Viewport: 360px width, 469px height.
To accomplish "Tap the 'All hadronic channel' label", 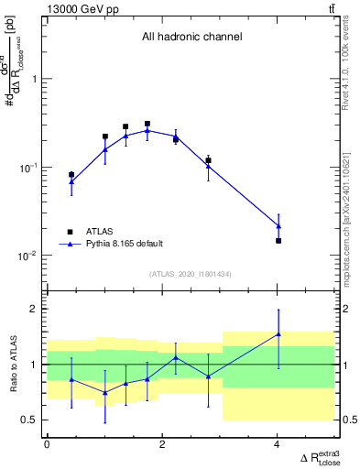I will [x=191, y=38].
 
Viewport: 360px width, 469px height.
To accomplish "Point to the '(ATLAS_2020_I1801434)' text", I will [x=191, y=275].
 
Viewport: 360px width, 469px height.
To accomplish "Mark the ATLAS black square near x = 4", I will [x=278, y=241].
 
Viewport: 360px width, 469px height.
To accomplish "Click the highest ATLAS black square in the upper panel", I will [x=147, y=124].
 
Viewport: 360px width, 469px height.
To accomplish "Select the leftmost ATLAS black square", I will [x=71, y=174].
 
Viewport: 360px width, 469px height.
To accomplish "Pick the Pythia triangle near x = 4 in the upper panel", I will [x=278, y=225].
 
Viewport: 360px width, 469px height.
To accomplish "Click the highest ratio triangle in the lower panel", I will [x=278, y=334].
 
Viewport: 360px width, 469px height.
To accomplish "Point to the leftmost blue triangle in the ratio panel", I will [x=71, y=379].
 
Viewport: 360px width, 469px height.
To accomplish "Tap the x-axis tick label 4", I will [x=278, y=444].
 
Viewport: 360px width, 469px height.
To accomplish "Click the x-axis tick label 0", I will [x=47, y=444].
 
